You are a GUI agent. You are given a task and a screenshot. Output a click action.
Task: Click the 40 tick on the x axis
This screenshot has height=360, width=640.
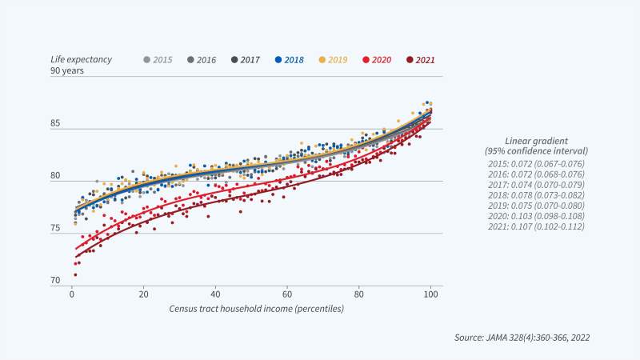(x=215, y=294)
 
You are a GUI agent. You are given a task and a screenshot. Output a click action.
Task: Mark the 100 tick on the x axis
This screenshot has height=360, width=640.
(x=430, y=294)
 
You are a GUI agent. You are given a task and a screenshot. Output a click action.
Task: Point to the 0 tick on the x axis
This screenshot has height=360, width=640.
(x=72, y=294)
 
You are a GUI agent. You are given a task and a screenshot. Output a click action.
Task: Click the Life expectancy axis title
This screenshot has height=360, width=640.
(x=81, y=59)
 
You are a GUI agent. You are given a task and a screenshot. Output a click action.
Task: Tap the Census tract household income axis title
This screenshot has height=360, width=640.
(x=256, y=308)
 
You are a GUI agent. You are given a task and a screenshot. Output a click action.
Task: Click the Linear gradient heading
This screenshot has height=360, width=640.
(x=536, y=139)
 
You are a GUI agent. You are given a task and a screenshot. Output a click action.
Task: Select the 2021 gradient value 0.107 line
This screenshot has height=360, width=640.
(x=536, y=226)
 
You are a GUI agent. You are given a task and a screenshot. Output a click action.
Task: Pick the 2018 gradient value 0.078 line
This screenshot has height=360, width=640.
(x=536, y=194)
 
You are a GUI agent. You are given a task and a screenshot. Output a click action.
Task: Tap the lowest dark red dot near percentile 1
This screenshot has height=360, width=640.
(x=75, y=274)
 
